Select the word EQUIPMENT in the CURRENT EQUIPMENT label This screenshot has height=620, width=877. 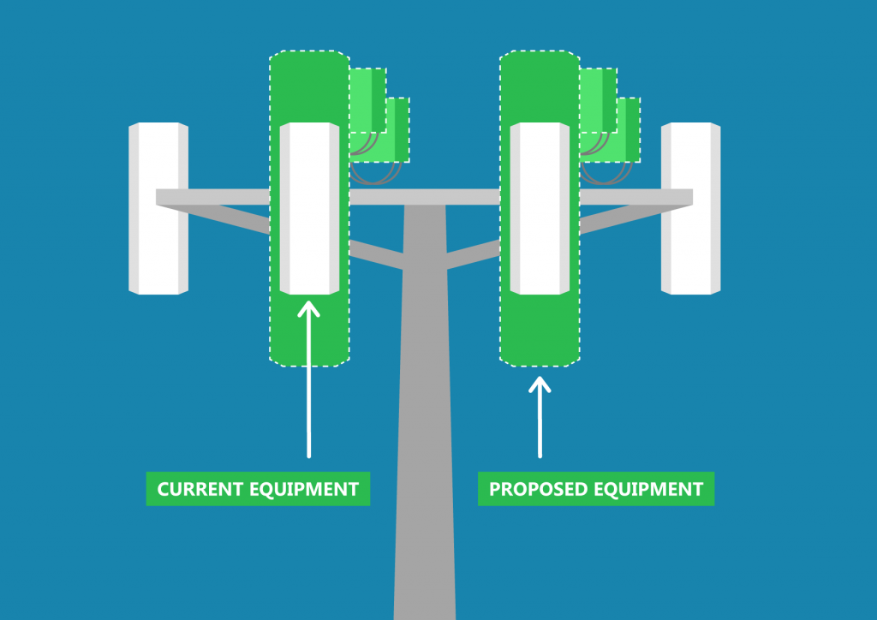(x=305, y=489)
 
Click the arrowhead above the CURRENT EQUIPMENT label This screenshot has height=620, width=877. (x=308, y=307)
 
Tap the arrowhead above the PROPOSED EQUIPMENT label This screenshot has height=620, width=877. (x=540, y=385)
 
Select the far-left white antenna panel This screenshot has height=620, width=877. (x=158, y=208)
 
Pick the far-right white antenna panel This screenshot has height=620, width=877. (x=690, y=208)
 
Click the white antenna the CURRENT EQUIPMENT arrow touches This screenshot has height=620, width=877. (x=309, y=208)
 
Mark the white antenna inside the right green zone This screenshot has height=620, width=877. (x=540, y=208)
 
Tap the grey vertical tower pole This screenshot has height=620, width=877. (x=424, y=428)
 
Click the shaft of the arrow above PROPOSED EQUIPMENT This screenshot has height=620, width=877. (x=540, y=428)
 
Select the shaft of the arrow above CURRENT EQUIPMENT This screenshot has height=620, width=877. (x=308, y=394)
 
